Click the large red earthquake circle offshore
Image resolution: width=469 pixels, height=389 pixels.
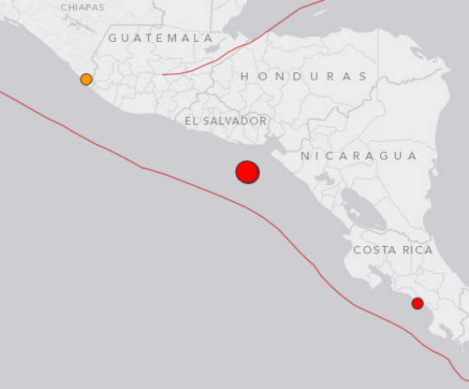247,172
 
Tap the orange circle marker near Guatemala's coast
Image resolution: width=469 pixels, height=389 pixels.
86,80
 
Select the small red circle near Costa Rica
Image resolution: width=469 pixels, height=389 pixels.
417,303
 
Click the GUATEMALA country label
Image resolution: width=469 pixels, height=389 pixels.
160,38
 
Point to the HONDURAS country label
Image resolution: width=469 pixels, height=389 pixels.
304,76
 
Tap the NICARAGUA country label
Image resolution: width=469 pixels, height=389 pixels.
359,155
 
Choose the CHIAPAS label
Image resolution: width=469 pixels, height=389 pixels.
82,7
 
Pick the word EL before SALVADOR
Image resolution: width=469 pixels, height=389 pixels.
191,121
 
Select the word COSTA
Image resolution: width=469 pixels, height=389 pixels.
372,250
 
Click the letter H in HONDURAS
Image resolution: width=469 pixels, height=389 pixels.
244,76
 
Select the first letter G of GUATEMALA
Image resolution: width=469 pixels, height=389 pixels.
113,38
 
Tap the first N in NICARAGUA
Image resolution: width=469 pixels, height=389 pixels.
304,155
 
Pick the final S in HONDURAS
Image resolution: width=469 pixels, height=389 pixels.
363,76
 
